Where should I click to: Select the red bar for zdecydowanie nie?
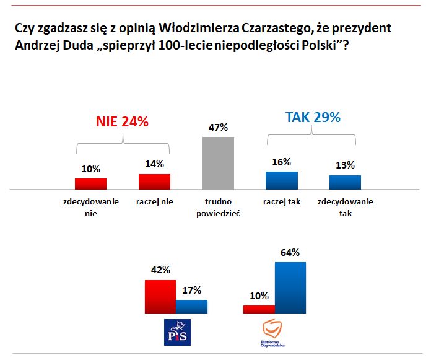click(90, 183)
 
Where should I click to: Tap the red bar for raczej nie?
click(154, 181)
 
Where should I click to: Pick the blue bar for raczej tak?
click(282, 180)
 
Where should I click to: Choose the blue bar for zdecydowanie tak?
click(345, 182)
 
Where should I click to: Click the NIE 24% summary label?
click(122, 122)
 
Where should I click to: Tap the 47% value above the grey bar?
click(219, 127)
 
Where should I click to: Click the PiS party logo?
click(176, 333)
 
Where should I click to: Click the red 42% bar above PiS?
click(160, 297)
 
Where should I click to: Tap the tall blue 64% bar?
click(290, 288)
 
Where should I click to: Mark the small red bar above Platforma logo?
click(259, 310)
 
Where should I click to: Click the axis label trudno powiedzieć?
click(219, 208)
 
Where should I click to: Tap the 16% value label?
click(282, 162)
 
